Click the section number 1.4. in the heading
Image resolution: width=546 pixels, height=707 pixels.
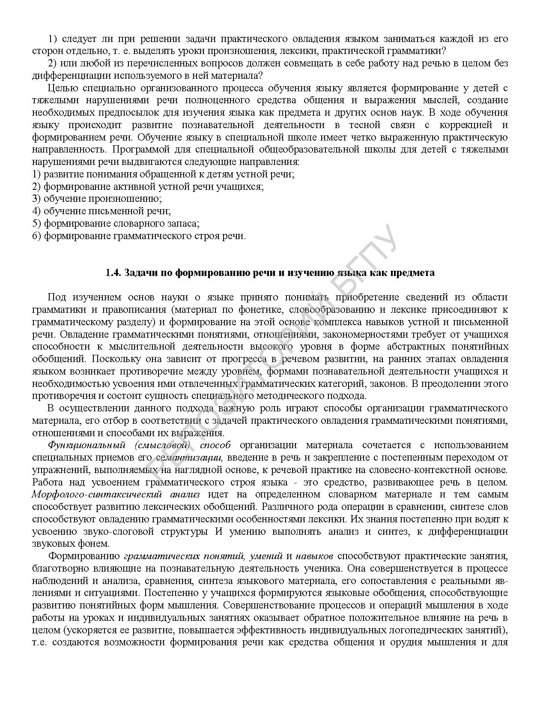(x=114, y=273)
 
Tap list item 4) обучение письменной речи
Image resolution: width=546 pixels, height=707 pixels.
(x=101, y=211)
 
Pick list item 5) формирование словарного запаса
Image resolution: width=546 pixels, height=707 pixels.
(x=116, y=224)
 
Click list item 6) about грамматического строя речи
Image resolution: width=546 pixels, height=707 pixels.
(x=139, y=236)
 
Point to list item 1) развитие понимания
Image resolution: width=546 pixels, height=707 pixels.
(x=163, y=174)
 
